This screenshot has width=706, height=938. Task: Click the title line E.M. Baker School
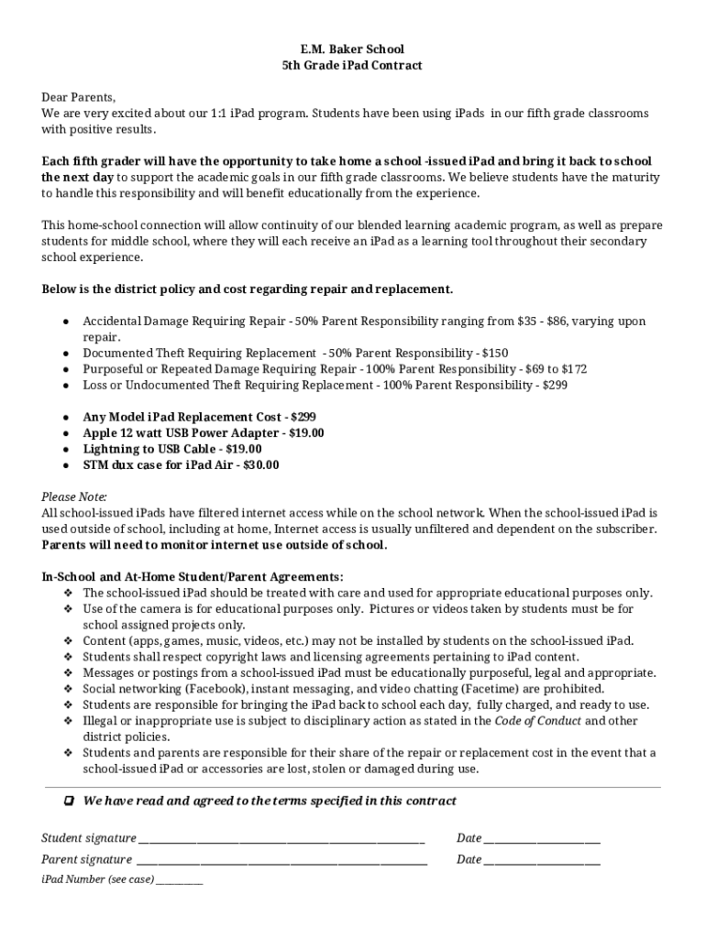point(352,49)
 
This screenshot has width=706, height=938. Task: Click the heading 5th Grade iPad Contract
point(352,65)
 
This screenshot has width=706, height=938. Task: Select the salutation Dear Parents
point(79,97)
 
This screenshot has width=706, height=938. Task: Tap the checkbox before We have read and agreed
point(69,802)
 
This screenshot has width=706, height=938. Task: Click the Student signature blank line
point(281,839)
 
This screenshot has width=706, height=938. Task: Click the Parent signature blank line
point(281,860)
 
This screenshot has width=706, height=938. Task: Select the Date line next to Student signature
point(542,839)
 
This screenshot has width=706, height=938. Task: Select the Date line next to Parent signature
point(542,860)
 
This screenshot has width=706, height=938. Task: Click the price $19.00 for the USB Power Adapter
point(306,433)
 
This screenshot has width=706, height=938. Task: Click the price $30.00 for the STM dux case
point(261,465)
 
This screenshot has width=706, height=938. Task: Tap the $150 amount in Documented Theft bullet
point(494,354)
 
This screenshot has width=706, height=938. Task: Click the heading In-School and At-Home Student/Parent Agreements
point(193,577)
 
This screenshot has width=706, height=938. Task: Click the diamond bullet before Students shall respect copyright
point(69,657)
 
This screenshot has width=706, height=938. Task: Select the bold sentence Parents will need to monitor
point(215,545)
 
